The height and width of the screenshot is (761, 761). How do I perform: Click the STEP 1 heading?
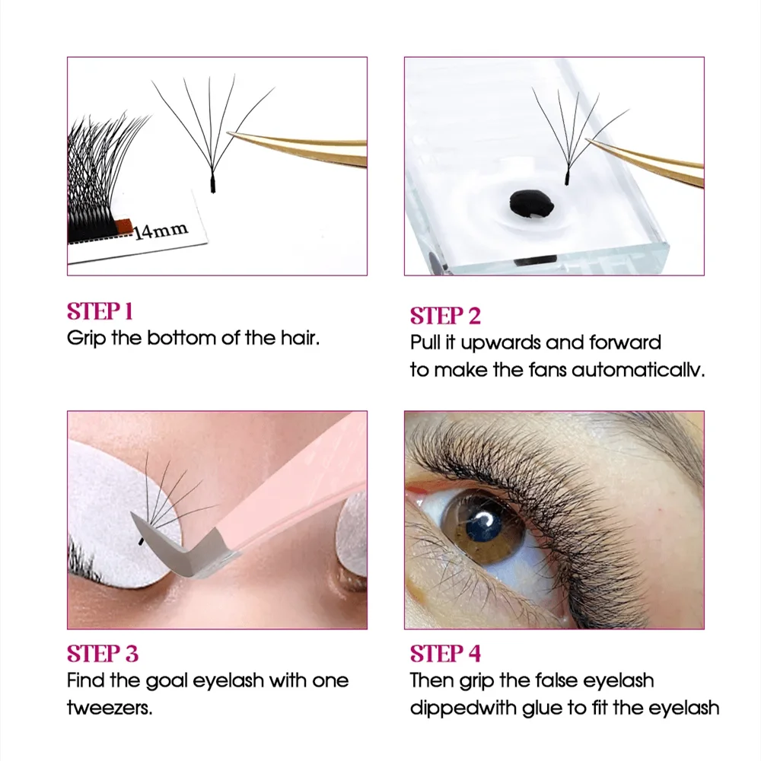click(x=100, y=311)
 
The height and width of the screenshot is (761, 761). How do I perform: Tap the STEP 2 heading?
click(x=445, y=316)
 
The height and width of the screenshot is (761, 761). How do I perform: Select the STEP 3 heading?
click(x=103, y=654)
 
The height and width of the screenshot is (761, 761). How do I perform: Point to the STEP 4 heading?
click(x=445, y=654)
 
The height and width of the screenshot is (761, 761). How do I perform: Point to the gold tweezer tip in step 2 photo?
click(x=589, y=141)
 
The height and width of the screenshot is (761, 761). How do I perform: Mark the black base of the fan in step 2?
click(x=567, y=177)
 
